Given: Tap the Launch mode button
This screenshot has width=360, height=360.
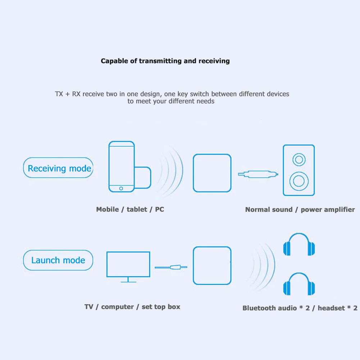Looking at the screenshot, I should [x=58, y=260].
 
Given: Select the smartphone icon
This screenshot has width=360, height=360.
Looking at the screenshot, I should [x=122, y=166].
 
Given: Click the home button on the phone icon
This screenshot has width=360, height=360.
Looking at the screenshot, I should [x=121, y=188].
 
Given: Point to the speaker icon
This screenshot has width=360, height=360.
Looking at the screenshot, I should [x=299, y=170].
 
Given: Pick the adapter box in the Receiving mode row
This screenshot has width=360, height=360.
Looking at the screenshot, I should [x=212, y=173].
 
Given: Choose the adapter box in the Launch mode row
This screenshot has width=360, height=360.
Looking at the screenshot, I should [x=212, y=265].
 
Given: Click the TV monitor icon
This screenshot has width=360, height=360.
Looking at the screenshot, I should [x=128, y=265].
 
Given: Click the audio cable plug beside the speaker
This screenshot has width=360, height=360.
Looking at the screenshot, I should [x=259, y=174].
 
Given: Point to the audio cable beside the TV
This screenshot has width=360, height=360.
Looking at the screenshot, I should [x=171, y=267].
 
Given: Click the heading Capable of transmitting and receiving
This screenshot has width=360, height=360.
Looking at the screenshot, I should [x=165, y=61].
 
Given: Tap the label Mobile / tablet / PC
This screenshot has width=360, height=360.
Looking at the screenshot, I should [x=130, y=209].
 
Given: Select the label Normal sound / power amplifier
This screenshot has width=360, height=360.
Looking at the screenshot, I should [x=300, y=209].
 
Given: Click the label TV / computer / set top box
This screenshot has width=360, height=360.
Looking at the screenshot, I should [x=132, y=307].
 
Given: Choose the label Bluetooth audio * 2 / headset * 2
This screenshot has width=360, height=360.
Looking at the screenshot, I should [x=300, y=308].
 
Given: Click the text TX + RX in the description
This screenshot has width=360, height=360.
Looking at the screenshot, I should [x=68, y=94].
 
